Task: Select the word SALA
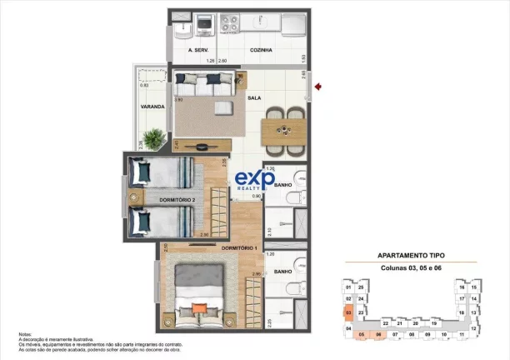[255, 98]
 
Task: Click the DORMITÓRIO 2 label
[177, 200]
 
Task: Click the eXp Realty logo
[250, 180]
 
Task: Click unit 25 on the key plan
[361, 287]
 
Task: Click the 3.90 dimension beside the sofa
[178, 99]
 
